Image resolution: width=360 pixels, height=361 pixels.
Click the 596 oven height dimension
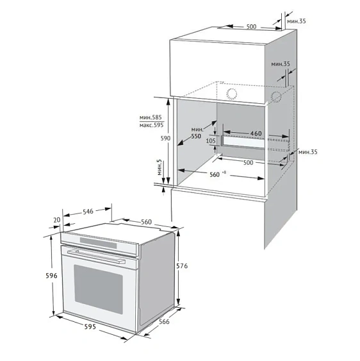(51, 276)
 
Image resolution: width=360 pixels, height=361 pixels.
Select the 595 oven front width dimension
(90, 326)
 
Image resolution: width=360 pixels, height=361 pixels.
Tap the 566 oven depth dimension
(164, 322)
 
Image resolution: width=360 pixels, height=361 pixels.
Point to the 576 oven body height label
(182, 266)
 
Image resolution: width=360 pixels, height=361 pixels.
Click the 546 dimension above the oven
(88, 212)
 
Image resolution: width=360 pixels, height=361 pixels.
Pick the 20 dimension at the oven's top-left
(57, 220)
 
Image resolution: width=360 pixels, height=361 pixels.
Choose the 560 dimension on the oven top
(146, 222)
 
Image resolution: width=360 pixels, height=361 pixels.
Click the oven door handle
(96, 256)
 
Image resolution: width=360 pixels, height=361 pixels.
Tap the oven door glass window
(98, 289)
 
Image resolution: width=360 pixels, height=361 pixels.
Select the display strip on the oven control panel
(98, 243)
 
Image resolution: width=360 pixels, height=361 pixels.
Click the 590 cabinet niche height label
(165, 138)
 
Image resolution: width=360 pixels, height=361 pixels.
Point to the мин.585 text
(151, 117)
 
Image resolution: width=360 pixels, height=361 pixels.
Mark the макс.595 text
(151, 125)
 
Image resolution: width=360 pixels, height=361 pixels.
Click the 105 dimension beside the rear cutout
(211, 140)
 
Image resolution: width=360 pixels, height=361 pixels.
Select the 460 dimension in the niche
(256, 133)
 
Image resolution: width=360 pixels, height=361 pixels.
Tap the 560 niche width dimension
(215, 174)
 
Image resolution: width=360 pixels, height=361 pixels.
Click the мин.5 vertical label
(160, 167)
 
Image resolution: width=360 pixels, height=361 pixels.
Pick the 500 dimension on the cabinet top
(251, 27)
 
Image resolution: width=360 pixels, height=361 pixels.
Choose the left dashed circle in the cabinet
(232, 94)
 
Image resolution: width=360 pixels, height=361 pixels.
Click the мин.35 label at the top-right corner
(297, 21)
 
